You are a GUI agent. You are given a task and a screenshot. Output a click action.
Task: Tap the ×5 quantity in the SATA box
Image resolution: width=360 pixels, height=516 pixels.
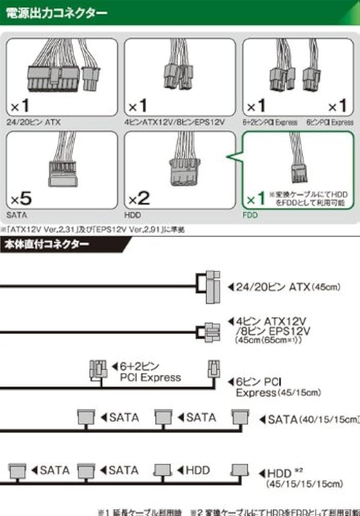tap(22, 198)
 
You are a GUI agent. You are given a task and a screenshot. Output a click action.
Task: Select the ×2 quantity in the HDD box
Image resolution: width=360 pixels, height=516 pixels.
tap(140, 198)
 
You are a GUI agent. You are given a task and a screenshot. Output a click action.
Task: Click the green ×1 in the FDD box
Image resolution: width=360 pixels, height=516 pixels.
tap(257, 198)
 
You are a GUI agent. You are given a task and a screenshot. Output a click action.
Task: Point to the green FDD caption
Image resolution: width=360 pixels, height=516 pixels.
tap(250, 215)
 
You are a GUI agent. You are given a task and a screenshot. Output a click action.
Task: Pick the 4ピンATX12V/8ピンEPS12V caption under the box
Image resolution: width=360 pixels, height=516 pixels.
tap(174, 122)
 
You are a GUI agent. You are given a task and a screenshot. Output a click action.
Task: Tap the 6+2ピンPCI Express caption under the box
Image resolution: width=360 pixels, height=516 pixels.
tap(270, 122)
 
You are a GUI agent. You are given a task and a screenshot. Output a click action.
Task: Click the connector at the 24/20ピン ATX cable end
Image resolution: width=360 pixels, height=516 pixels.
tap(211, 286)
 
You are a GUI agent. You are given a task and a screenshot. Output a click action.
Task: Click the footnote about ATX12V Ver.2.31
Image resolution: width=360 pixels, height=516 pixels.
tap(93, 230)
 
